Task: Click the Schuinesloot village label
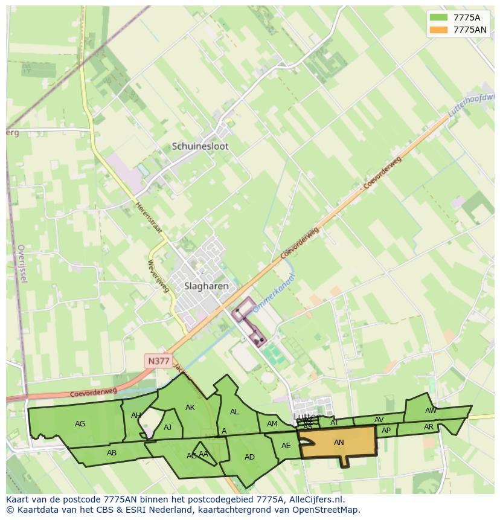coord(200,146)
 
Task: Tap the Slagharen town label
coord(198,286)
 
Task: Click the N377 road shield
coord(158,361)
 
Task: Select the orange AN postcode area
coord(338,443)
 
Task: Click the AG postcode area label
coord(80,424)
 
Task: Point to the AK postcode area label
coord(190,408)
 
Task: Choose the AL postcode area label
coord(234,412)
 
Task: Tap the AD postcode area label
coord(249,457)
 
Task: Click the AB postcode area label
coord(112,453)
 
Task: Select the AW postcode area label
coord(431,411)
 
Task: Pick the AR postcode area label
coord(429,427)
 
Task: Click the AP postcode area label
coord(386,431)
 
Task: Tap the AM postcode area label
coord(272,424)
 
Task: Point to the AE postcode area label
coord(286,446)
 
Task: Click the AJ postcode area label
coord(168,428)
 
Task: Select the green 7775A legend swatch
coord(439,18)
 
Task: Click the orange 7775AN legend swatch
coord(439,30)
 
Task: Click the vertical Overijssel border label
coord(22,263)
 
